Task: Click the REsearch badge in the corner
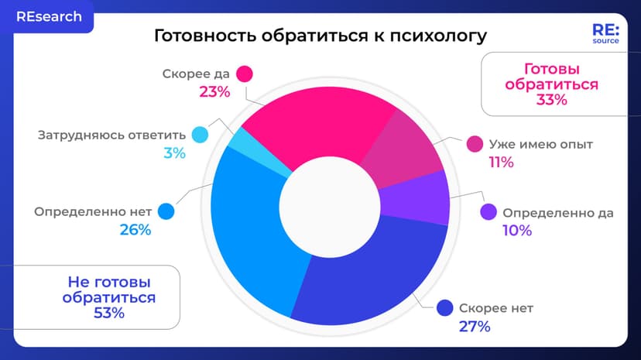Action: coord(47,17)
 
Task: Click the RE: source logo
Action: coord(605,35)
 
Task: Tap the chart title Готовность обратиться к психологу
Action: coord(320,36)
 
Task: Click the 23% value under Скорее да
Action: coord(214,91)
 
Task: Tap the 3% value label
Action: coord(174,153)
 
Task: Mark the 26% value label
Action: coord(135,230)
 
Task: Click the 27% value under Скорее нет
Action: coord(475,326)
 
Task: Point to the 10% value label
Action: coord(517,230)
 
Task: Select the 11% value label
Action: coord(501,162)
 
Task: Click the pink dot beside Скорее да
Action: coord(245,74)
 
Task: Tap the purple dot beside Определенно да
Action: coord(488,212)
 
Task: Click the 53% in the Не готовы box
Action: coord(109,313)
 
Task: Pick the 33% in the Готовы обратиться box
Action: coord(551,100)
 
